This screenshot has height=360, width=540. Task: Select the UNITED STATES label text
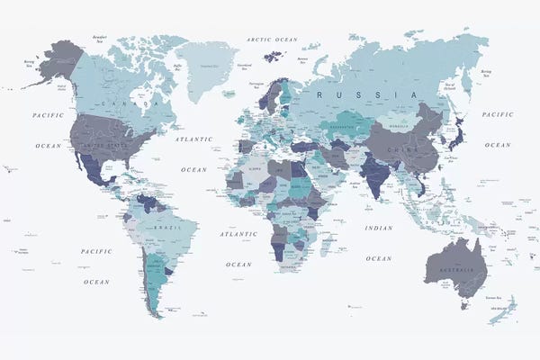click(x=106, y=145)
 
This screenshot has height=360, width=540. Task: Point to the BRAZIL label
click(x=165, y=229)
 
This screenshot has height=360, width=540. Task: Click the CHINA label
click(x=397, y=149)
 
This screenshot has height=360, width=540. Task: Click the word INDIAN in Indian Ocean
click(x=379, y=229)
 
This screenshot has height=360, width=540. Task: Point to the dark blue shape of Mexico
click(x=96, y=171)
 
